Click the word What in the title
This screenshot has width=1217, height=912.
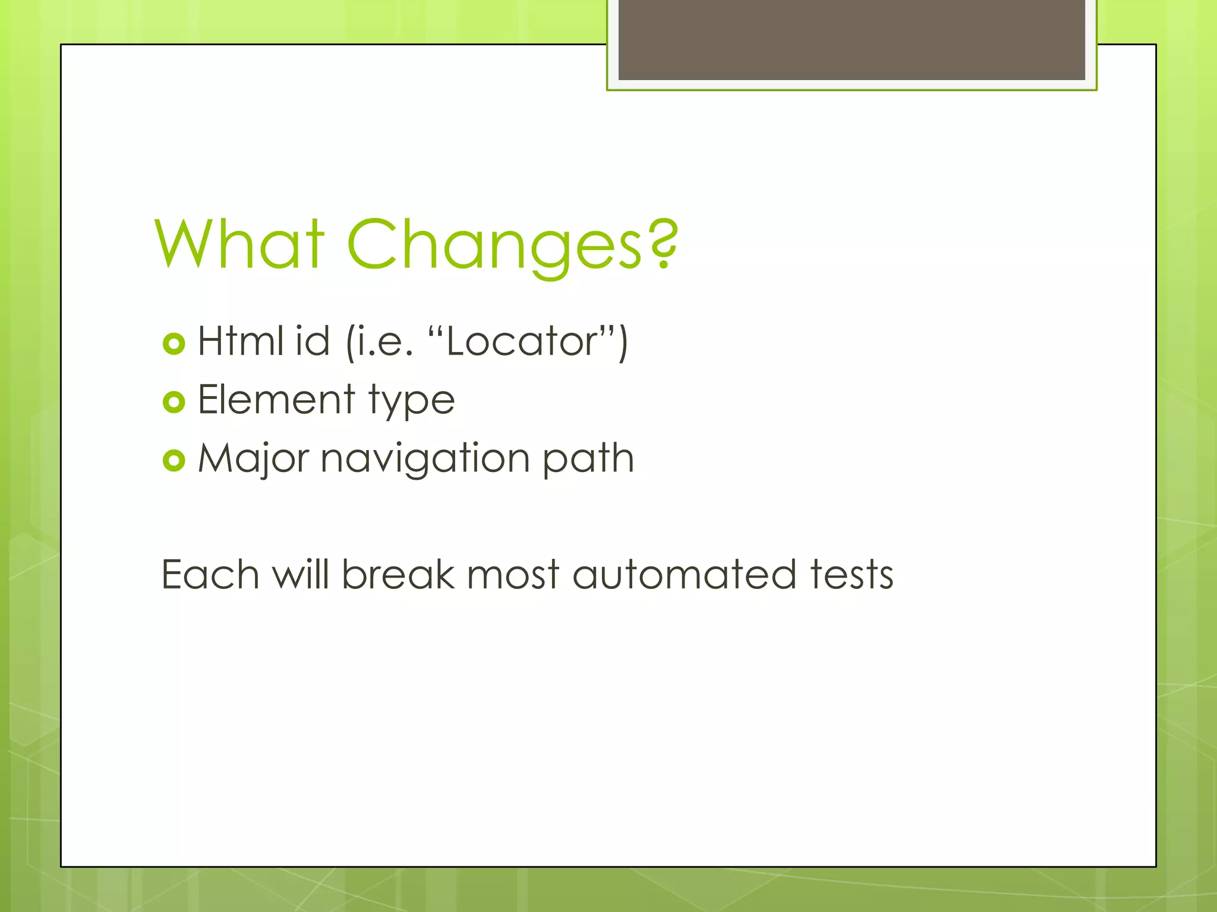[x=239, y=245]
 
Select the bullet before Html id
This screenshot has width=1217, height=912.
[x=174, y=344]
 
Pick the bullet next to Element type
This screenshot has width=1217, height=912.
[x=174, y=403]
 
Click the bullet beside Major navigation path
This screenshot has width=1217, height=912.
[x=174, y=461]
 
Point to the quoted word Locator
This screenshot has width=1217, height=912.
[x=522, y=343]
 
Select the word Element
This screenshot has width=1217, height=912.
[x=276, y=400]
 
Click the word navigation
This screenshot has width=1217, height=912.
[x=425, y=460]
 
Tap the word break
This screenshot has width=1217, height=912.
[x=398, y=575]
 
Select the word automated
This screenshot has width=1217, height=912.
[x=684, y=575]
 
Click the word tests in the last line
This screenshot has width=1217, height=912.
[x=852, y=575]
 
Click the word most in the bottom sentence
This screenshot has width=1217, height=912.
[x=513, y=575]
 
